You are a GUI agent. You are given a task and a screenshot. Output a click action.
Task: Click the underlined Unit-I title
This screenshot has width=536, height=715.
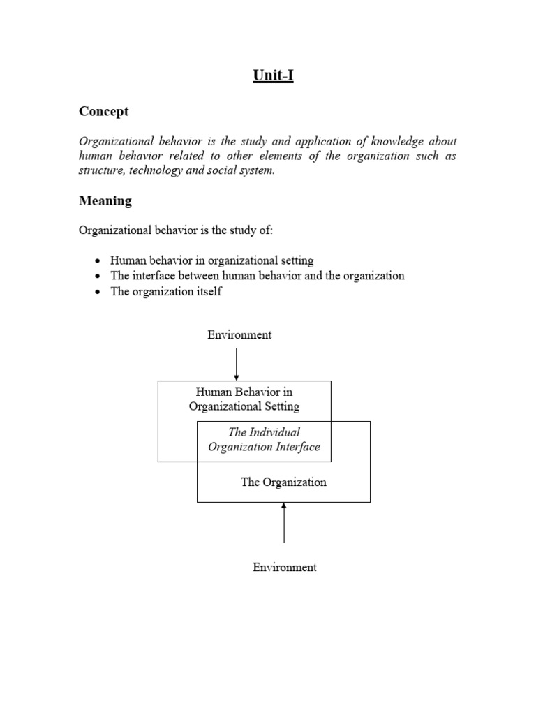point(273,75)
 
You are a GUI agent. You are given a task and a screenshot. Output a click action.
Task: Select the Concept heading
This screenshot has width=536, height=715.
point(103,112)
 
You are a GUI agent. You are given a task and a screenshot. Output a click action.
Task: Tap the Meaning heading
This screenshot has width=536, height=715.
point(105,201)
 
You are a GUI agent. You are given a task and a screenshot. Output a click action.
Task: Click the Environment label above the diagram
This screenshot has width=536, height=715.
point(239,335)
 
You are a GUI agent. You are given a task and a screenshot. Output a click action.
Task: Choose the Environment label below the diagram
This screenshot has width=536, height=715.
point(284,568)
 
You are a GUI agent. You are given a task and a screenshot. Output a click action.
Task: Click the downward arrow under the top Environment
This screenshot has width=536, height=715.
point(237,363)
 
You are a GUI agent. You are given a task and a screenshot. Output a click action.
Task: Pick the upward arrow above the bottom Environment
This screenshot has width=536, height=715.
point(283,523)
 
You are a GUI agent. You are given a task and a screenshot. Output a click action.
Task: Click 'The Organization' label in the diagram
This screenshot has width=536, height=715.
point(283,482)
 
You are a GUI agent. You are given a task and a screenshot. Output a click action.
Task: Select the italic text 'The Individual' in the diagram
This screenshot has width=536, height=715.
point(264,432)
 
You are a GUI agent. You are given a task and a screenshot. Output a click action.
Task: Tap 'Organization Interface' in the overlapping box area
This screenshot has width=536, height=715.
point(264,447)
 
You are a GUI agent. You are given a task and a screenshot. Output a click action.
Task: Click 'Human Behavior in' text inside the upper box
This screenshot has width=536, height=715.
point(244,392)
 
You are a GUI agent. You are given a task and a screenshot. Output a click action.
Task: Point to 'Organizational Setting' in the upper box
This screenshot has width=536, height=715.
point(244,406)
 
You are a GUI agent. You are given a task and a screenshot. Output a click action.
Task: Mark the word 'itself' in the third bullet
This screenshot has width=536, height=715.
point(208,291)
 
